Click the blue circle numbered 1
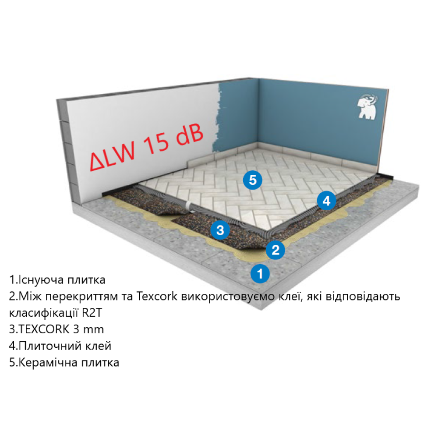260,273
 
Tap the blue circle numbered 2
276,250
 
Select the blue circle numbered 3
220,230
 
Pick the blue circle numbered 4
326,201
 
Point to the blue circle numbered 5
253,180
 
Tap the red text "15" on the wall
157,144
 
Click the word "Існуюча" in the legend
40,280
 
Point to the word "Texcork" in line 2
157,296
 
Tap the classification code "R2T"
92,313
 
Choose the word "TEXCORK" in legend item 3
44,329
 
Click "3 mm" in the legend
88,329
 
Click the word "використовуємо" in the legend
228,297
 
